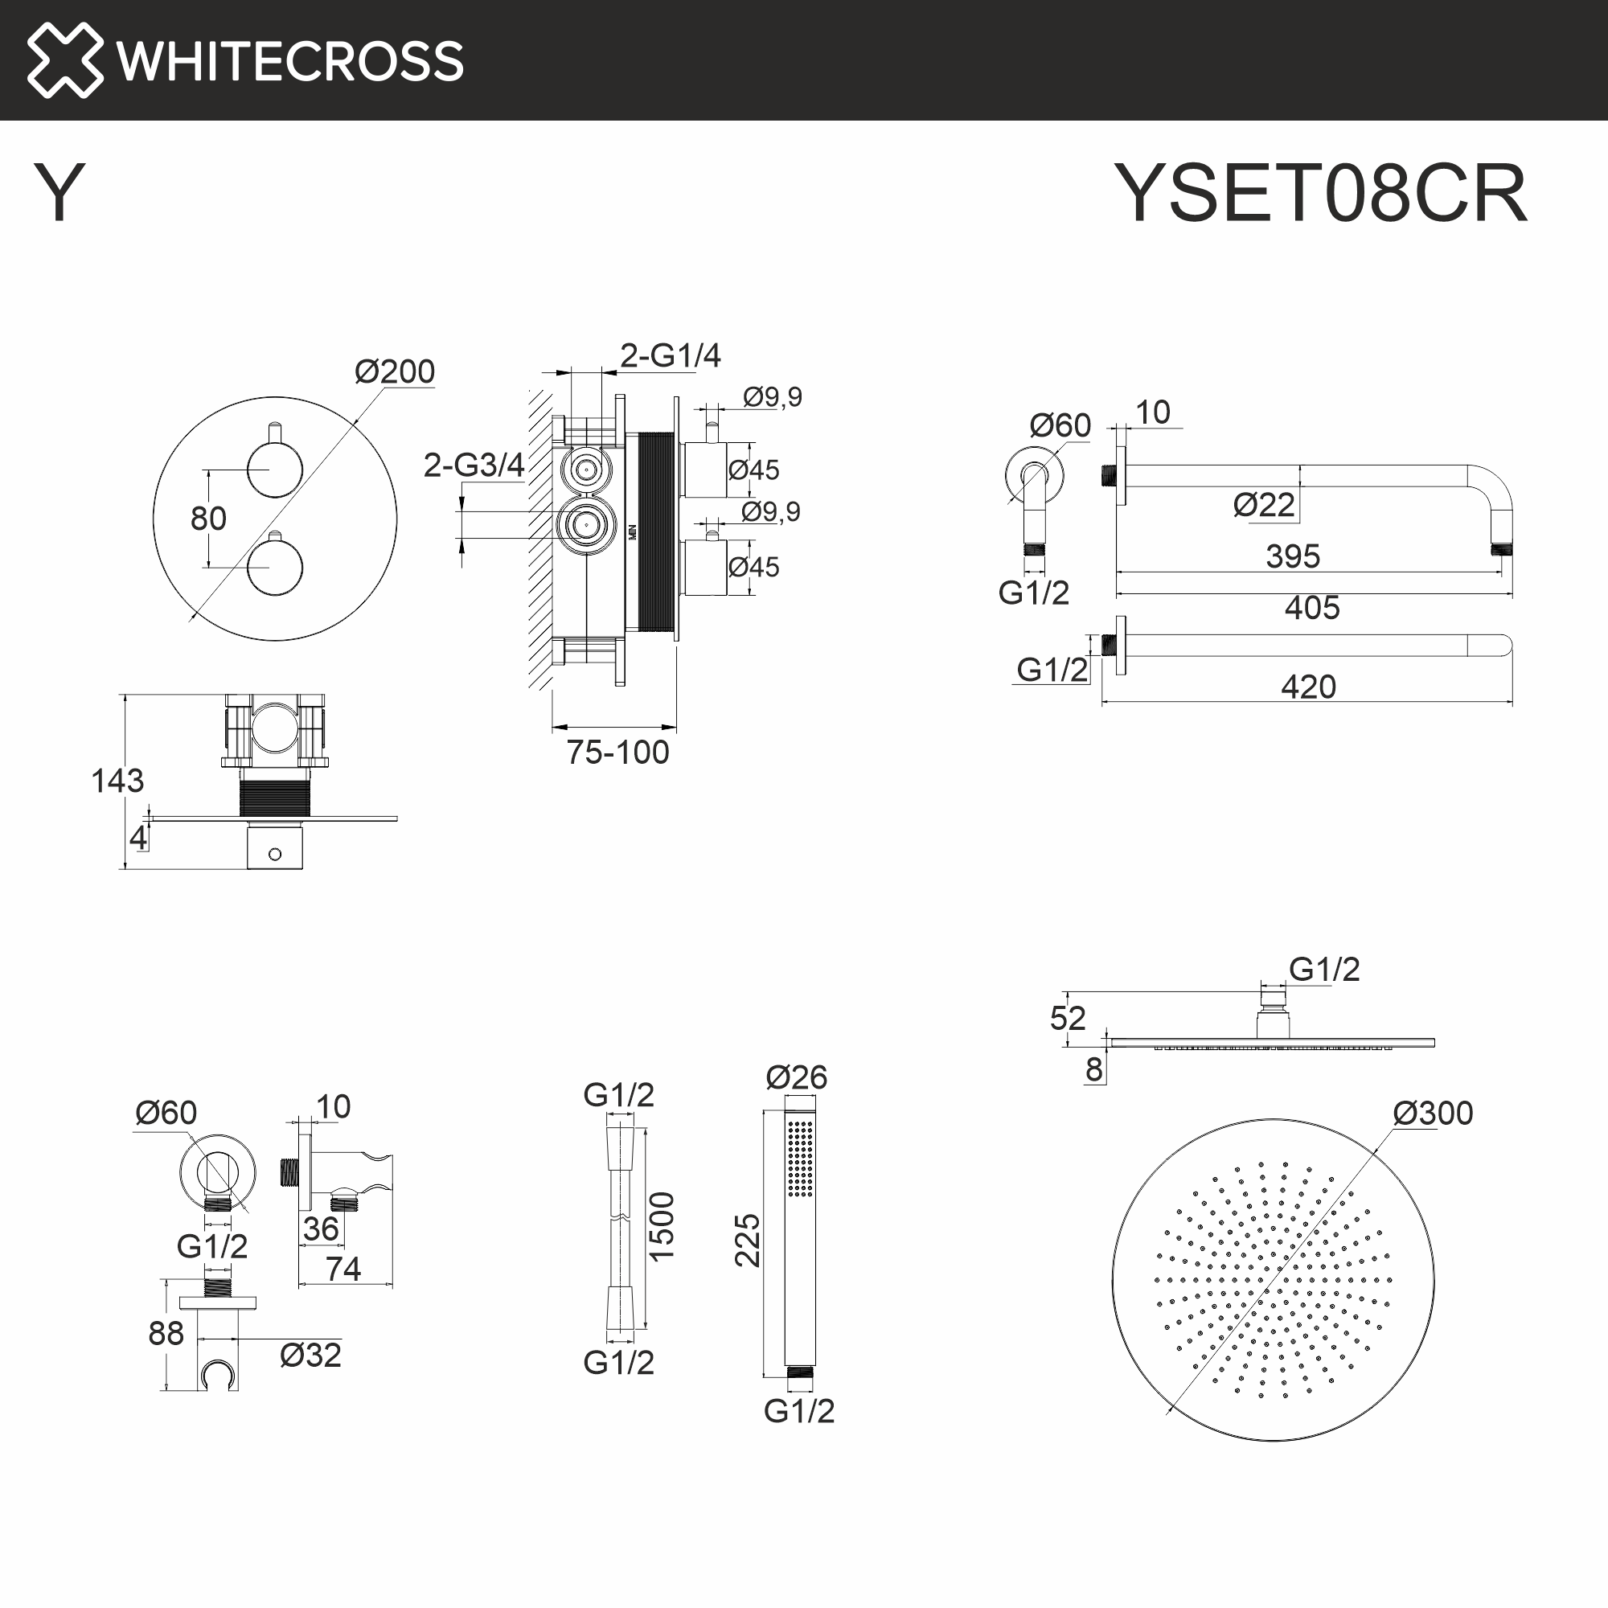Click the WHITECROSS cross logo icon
(x=65, y=60)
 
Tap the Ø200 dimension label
(x=395, y=371)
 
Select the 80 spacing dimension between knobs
(x=208, y=519)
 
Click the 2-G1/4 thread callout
(x=670, y=355)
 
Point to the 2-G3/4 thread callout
(x=474, y=465)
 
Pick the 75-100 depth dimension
(x=617, y=753)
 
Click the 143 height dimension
(x=117, y=781)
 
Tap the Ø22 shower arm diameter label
(x=1263, y=505)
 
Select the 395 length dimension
(x=1293, y=556)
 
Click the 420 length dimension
(x=1307, y=687)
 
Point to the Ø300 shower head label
(x=1433, y=1113)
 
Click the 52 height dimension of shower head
(x=1068, y=1018)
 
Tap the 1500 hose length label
(x=662, y=1227)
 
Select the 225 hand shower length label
(x=748, y=1240)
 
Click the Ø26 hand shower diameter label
(x=797, y=1078)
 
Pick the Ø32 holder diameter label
(x=310, y=1355)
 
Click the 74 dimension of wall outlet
(x=343, y=1269)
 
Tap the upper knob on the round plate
(x=275, y=470)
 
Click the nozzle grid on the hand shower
(x=800, y=1158)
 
